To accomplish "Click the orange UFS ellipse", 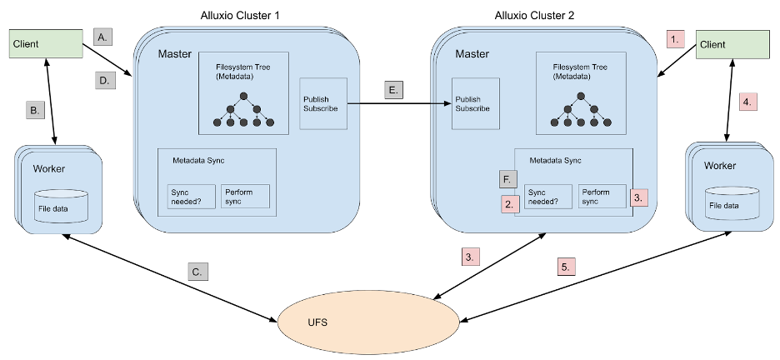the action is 368,322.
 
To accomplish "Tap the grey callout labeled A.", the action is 103,37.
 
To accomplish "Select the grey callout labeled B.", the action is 35,110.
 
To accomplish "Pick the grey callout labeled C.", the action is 197,272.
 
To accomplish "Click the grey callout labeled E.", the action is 394,89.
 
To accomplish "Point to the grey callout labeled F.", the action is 507,179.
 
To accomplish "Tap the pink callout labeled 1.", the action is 675,39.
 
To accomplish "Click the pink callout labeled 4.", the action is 747,102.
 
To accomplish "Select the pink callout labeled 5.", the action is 566,266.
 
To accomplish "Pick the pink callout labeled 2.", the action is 510,204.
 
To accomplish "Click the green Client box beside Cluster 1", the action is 47,44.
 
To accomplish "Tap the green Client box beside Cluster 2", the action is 732,45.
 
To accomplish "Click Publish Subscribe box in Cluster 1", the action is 323,103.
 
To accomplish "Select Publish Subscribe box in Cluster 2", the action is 476,103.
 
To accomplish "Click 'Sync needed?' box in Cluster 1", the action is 192,197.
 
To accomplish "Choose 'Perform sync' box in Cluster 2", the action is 602,197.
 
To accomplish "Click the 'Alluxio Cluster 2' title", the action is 535,15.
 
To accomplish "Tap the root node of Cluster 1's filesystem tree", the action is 243,96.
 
